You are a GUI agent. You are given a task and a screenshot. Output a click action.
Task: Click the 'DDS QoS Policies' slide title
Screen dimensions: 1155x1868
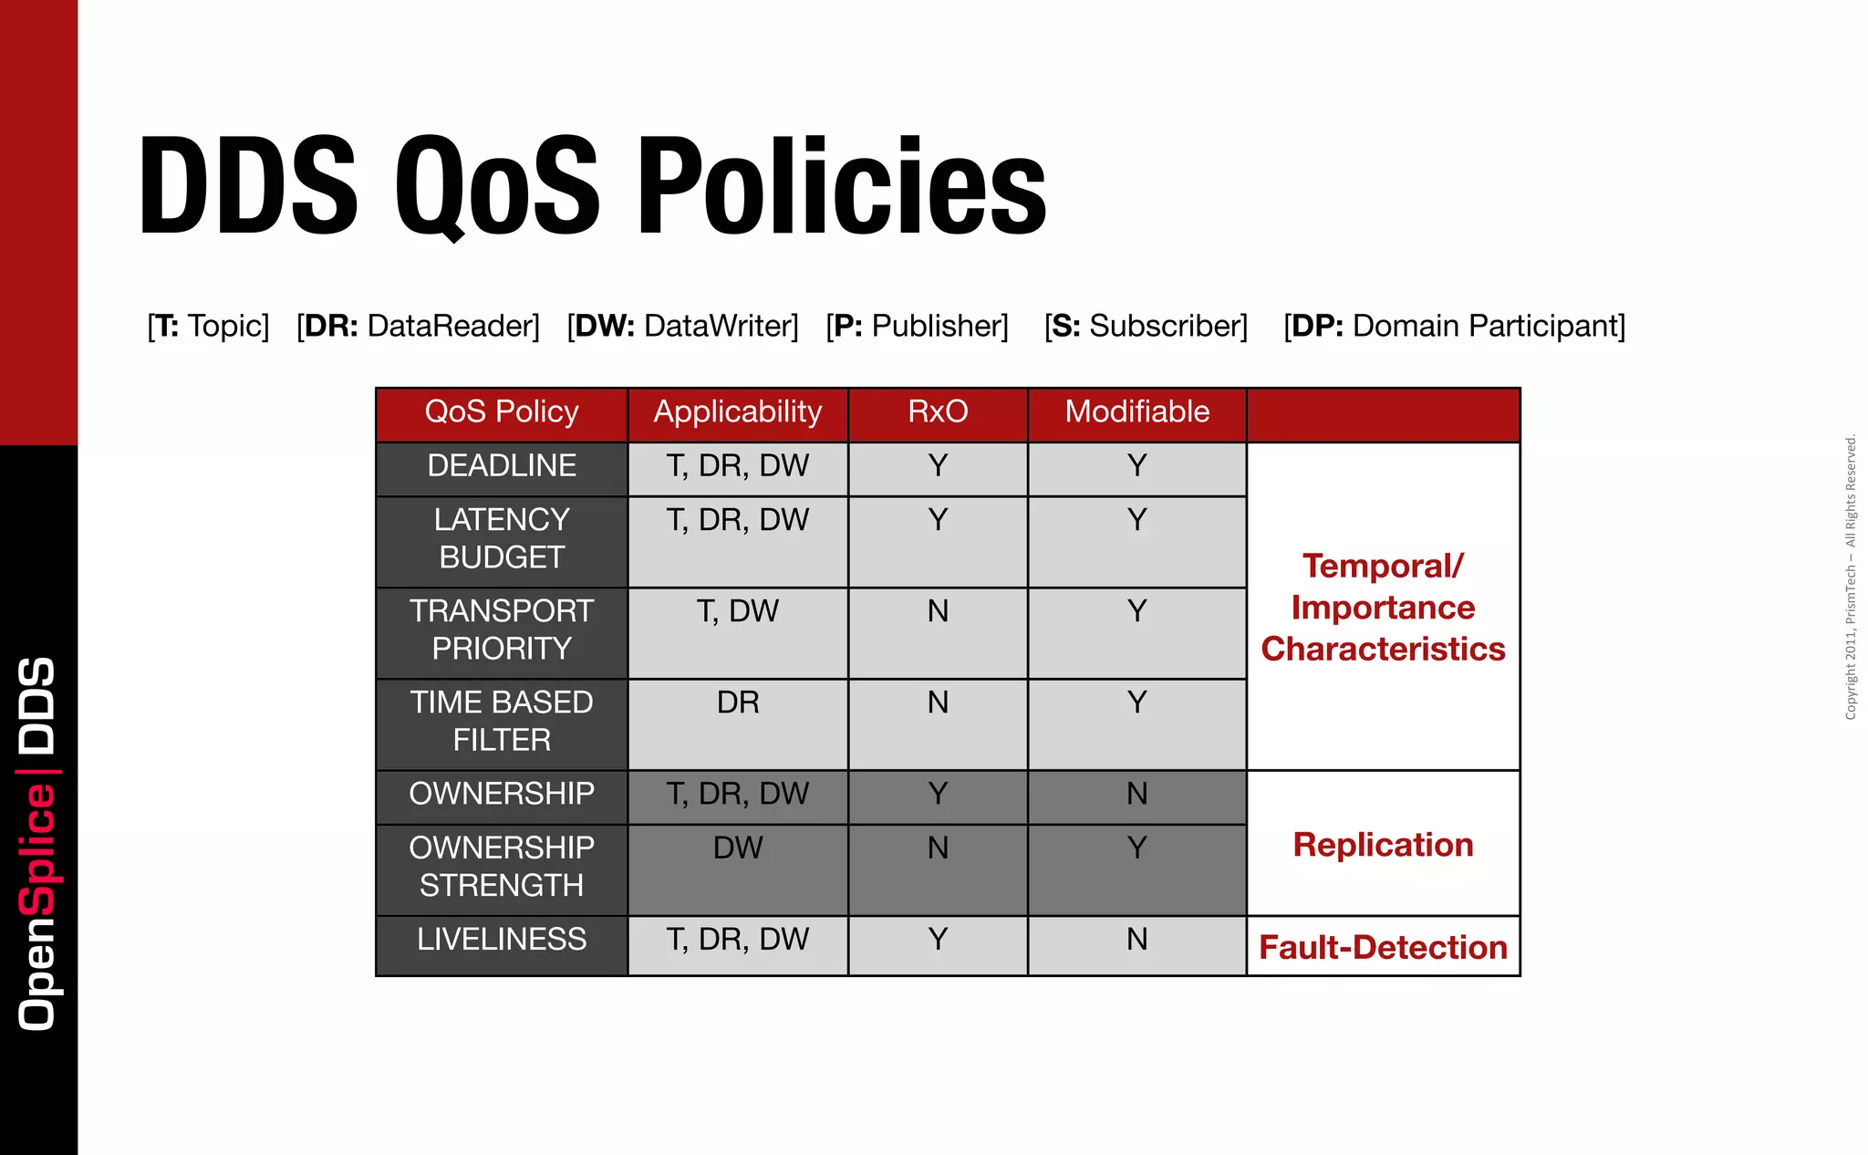[x=593, y=186]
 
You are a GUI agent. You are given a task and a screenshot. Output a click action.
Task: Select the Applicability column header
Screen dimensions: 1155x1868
[x=737, y=411]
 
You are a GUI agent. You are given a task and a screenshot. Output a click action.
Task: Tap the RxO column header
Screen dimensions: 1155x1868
[x=938, y=411]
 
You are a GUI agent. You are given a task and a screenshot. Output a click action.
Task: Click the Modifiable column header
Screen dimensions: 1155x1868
[x=1136, y=411]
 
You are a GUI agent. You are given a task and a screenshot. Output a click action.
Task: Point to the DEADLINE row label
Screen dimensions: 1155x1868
[x=502, y=466]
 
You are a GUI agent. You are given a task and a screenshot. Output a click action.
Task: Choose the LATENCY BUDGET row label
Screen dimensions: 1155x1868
[x=502, y=538]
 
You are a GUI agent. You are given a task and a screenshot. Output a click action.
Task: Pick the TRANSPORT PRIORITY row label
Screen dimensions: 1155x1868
[x=502, y=630]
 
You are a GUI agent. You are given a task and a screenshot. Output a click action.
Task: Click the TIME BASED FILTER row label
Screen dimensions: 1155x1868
[x=502, y=721]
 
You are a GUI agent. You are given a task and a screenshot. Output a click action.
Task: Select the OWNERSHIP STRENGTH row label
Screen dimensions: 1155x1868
[x=502, y=867]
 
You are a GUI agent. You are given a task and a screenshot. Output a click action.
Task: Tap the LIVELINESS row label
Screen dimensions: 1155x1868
[x=502, y=940]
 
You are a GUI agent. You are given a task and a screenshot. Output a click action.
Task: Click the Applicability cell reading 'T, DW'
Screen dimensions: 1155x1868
[x=737, y=611]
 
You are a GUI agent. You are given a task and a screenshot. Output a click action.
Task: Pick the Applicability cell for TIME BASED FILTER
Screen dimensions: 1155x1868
[x=737, y=702]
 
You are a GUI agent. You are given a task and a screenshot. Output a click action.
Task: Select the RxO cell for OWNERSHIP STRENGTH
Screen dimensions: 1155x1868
[x=938, y=848]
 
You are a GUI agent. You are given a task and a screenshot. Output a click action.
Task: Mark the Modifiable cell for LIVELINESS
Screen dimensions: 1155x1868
[x=1136, y=940]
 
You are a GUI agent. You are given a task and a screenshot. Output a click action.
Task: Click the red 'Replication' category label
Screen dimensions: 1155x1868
[x=1383, y=845]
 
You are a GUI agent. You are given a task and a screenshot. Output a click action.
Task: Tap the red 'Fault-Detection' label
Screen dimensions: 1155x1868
[x=1383, y=947]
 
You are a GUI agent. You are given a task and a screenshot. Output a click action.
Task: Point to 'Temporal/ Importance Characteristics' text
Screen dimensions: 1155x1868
[x=1383, y=608]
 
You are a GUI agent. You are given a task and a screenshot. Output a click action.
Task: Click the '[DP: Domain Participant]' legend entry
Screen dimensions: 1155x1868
[x=1454, y=326]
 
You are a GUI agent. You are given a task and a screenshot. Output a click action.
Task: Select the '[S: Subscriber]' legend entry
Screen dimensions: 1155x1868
[x=1146, y=326]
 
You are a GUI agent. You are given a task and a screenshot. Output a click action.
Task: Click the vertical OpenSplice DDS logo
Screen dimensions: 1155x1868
[x=38, y=844]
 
